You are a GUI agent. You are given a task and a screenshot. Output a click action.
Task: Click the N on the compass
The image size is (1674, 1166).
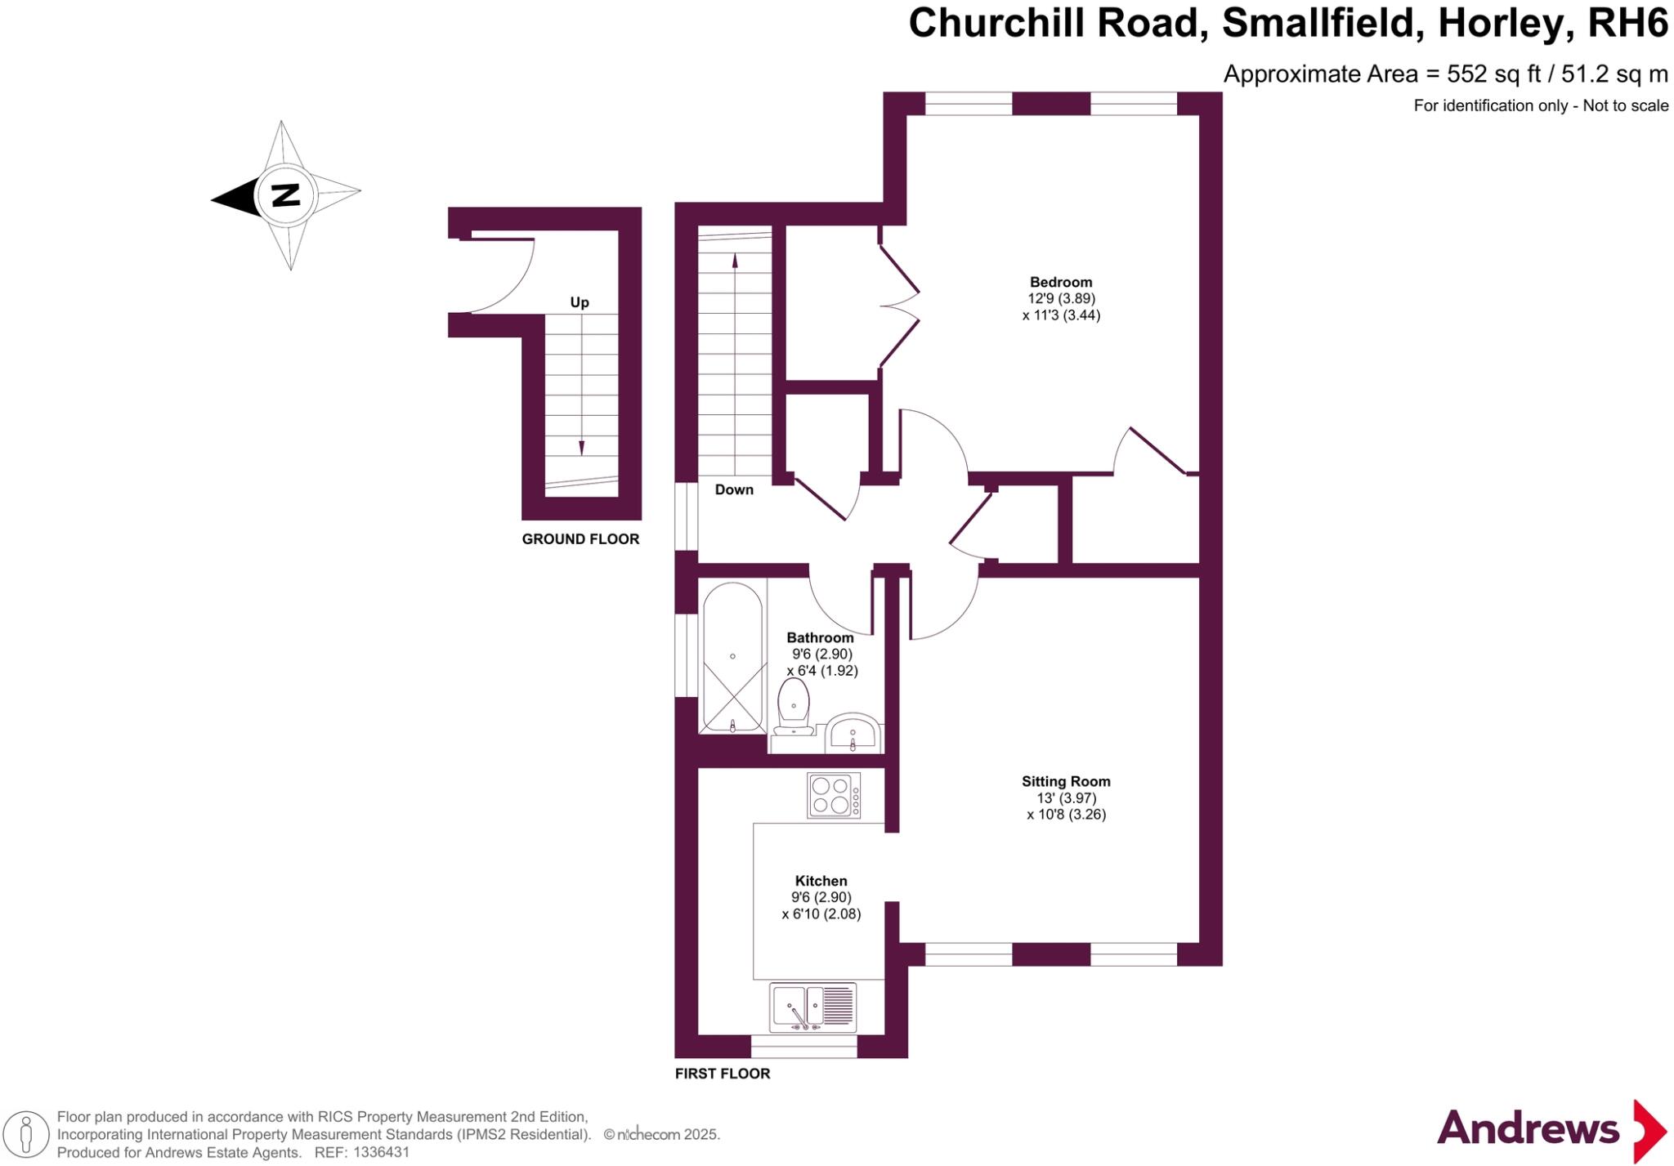point(285,195)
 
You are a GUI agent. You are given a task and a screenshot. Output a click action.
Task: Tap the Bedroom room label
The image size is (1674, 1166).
point(1061,282)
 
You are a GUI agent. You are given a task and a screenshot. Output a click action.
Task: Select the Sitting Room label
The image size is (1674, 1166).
point(1066,781)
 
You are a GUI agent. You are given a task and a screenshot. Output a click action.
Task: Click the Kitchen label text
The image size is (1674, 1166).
point(821,881)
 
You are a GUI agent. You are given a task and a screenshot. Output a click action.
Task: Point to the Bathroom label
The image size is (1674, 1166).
point(820,637)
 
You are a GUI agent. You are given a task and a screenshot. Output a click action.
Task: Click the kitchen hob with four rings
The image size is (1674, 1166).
point(834,795)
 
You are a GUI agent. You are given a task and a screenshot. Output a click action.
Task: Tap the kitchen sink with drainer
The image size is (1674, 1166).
point(813,1007)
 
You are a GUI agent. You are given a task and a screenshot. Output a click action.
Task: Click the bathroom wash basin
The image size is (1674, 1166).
point(853,733)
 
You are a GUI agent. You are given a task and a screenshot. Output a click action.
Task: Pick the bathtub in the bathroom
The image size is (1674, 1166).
point(733,658)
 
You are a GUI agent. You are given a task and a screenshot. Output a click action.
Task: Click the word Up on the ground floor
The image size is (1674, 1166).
point(580,302)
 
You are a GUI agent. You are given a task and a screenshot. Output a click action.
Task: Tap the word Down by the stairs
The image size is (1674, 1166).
point(734,489)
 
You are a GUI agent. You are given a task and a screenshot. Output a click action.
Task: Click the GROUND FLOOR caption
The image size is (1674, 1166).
point(580,539)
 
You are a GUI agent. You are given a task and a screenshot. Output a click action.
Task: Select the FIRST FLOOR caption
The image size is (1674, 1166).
point(723,1074)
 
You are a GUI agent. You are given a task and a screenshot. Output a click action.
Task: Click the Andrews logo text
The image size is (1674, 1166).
point(1528,1129)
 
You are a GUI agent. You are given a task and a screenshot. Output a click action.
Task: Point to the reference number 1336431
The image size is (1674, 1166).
point(380,1153)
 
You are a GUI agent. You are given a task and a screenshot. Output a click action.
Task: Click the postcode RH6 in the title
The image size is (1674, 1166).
point(1627,23)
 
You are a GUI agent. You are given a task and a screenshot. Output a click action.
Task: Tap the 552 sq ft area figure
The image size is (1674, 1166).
point(1493,74)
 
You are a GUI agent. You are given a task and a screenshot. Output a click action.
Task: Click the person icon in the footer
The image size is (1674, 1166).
point(26,1135)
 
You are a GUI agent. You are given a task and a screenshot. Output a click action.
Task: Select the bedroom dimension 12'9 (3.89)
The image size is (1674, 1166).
point(1061,299)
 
